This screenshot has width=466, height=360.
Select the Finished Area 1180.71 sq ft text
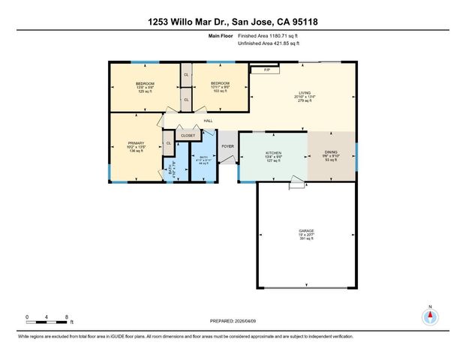coord(268,36)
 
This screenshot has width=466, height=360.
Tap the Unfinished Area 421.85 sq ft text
coord(268,44)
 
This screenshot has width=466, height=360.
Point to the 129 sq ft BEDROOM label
coord(145,83)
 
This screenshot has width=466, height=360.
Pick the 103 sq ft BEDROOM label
coord(219,83)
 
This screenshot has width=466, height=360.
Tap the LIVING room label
coord(305,93)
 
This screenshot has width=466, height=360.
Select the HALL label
coord(208,121)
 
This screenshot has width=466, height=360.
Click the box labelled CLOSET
coord(188,136)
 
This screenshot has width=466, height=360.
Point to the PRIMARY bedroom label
coord(136,142)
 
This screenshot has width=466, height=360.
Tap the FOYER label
coord(227,146)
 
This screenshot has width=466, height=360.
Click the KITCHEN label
coord(272,152)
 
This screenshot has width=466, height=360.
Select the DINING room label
coord(331,152)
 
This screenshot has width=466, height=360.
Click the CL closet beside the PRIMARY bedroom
coord(168,142)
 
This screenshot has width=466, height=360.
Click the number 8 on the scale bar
coord(68,316)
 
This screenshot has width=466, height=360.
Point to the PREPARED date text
coord(233,321)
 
